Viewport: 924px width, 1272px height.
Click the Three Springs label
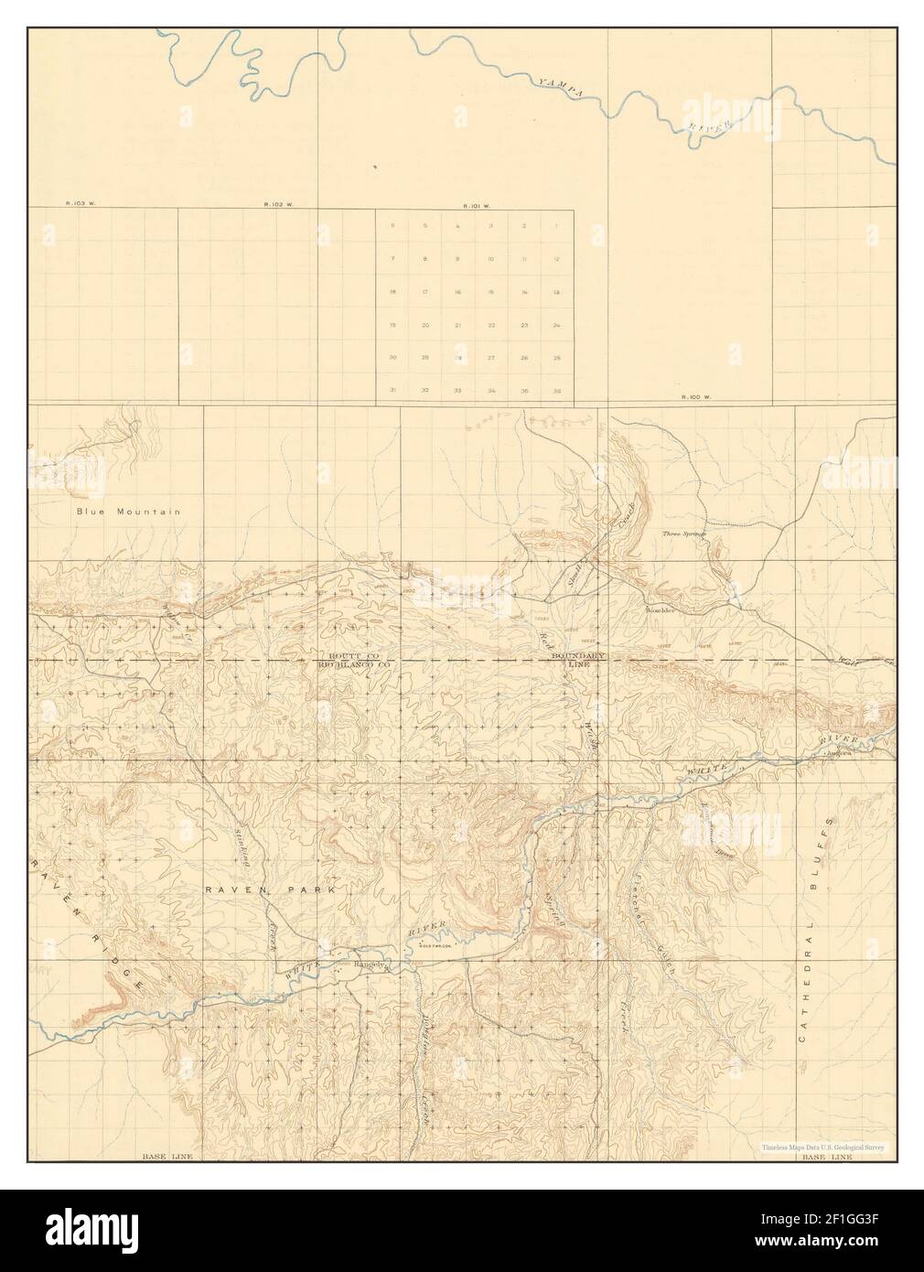[685, 533]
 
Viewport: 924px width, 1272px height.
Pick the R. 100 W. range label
[696, 397]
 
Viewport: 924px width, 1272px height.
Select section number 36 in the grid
[557, 391]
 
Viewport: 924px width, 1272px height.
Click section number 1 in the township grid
[557, 226]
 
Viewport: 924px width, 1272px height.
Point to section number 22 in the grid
[491, 325]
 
